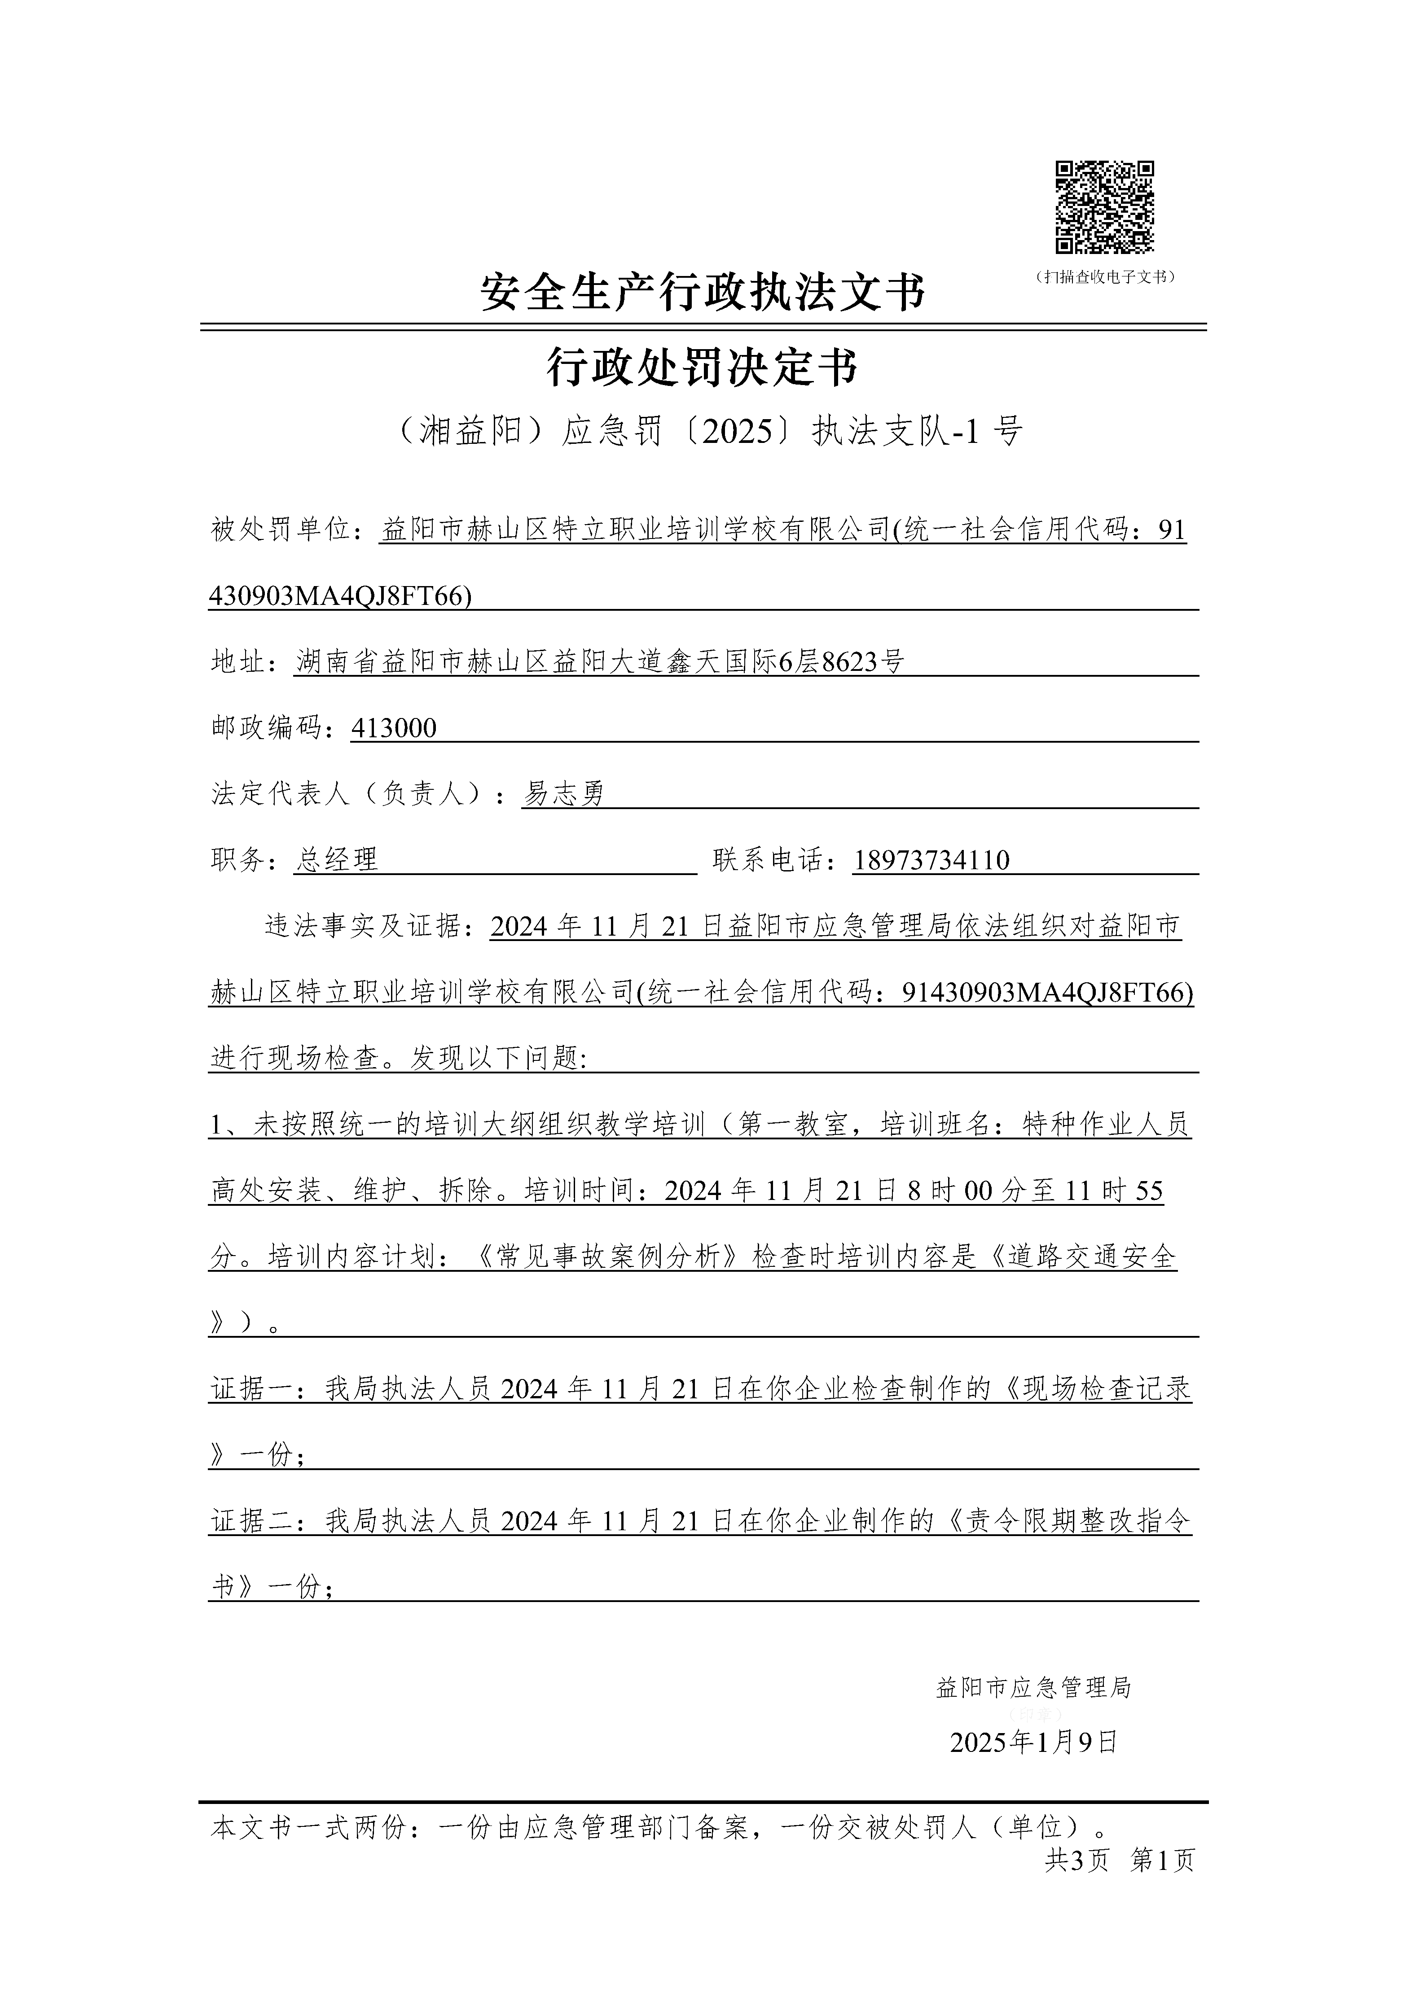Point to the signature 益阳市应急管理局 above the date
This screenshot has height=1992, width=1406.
point(1033,1687)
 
